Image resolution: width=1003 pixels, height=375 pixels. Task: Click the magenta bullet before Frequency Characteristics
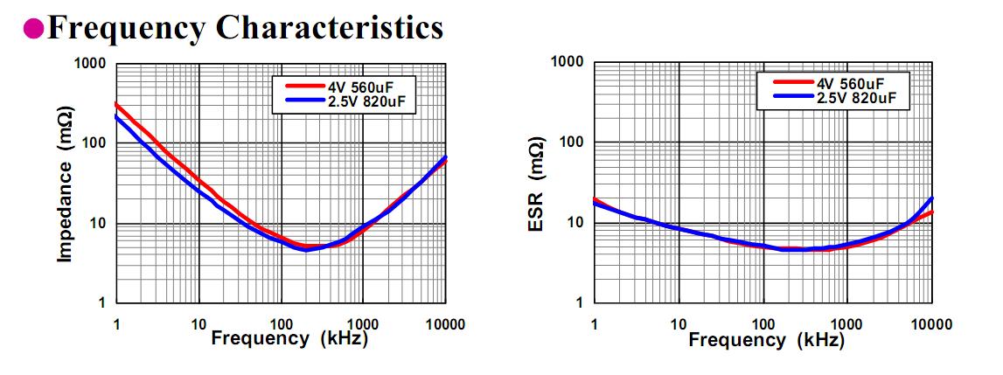click(32, 28)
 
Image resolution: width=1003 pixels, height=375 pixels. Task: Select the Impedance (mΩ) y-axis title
click(65, 185)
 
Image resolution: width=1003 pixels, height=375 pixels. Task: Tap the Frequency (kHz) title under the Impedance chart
click(289, 337)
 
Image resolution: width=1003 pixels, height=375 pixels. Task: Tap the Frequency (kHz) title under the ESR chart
click(766, 339)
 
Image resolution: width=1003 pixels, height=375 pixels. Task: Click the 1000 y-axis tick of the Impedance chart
click(90, 64)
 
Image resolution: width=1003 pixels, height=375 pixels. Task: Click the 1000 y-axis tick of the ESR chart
click(568, 62)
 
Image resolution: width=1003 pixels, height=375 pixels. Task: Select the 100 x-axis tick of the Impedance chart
click(281, 325)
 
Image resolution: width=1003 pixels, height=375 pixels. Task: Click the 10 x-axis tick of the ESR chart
click(678, 325)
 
